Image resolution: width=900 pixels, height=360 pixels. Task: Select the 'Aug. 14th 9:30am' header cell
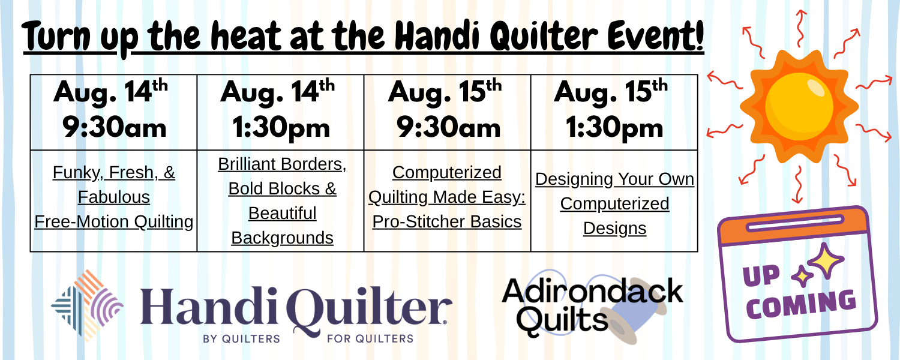pyautogui.click(x=114, y=112)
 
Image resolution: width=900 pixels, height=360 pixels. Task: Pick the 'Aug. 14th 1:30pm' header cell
pyautogui.click(x=280, y=112)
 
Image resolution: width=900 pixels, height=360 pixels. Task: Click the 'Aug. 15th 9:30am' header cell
pyautogui.click(x=447, y=112)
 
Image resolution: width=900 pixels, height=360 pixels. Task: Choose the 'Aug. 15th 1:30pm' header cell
pyautogui.click(x=614, y=112)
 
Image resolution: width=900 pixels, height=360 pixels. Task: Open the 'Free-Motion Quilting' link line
pyautogui.click(x=114, y=222)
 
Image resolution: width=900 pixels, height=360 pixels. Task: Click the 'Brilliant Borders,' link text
pyautogui.click(x=282, y=164)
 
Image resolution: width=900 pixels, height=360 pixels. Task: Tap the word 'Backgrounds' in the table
pyautogui.click(x=282, y=238)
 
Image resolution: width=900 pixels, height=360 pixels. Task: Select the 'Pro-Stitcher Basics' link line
pyautogui.click(x=447, y=222)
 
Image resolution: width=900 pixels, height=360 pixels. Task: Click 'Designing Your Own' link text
pyautogui.click(x=615, y=179)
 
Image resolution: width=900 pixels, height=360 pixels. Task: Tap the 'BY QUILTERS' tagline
pyautogui.click(x=241, y=339)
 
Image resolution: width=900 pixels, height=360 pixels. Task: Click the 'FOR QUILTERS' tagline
pyautogui.click(x=370, y=339)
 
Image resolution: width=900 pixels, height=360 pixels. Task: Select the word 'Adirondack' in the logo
pyautogui.click(x=593, y=291)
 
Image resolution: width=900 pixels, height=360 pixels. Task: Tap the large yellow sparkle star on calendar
pyautogui.click(x=826, y=260)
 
